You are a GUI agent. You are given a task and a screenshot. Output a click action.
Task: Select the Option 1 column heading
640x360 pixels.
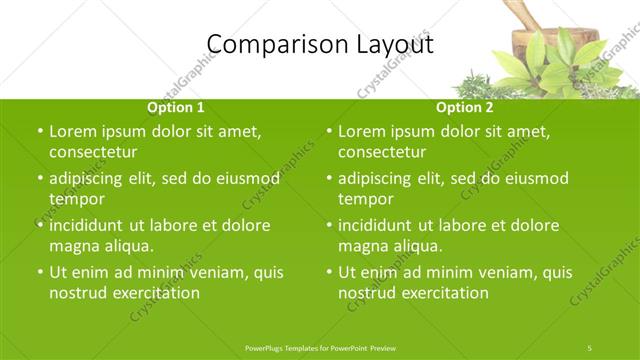pos(176,107)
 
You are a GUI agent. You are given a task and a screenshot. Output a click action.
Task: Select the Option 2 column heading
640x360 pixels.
pos(465,107)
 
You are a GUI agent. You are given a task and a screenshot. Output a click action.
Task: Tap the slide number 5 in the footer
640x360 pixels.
pos(590,347)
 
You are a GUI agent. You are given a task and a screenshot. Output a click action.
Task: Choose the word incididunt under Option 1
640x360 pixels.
pos(88,225)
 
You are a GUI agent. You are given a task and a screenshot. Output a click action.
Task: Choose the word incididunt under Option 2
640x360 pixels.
pos(377,225)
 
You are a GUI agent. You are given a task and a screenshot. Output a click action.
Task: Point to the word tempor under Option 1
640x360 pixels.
pos(75,199)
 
